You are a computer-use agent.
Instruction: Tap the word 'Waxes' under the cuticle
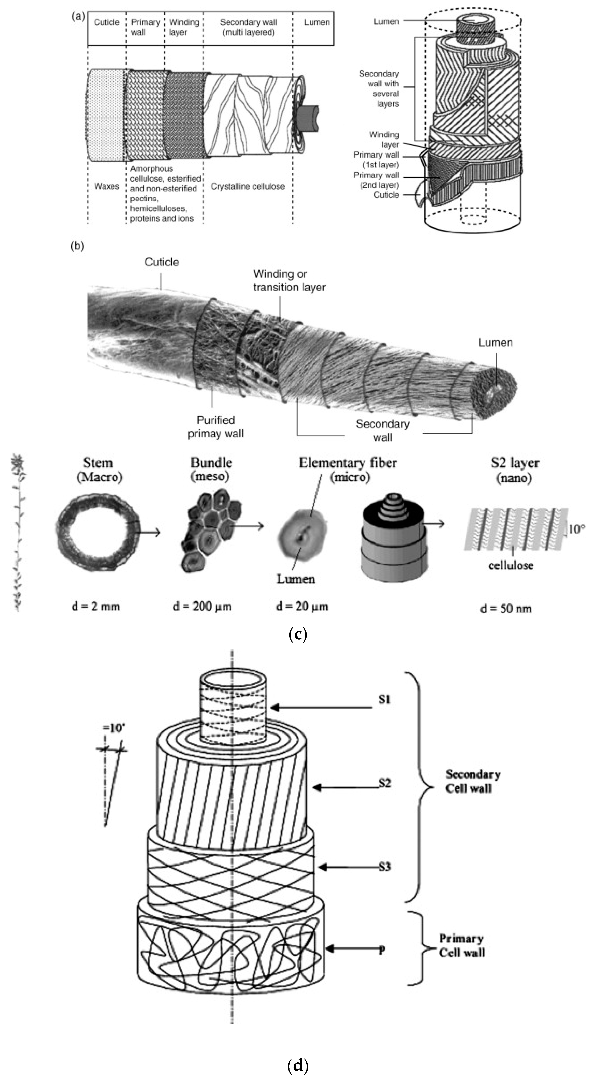(106, 186)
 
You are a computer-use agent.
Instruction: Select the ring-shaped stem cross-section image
(97, 531)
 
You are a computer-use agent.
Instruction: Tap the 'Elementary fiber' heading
(348, 463)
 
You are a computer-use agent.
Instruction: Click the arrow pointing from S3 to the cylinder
(348, 867)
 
